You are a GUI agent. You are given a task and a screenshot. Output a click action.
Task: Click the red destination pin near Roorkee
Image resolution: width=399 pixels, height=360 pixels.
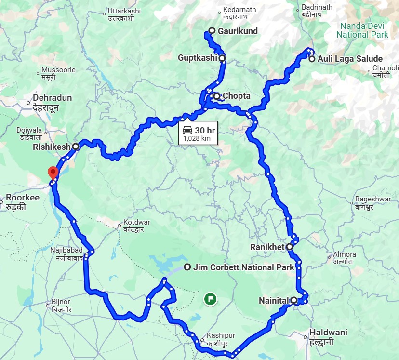(x=53, y=172)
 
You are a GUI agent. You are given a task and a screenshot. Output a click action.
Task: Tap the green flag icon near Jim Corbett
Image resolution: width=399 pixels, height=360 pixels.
(x=210, y=299)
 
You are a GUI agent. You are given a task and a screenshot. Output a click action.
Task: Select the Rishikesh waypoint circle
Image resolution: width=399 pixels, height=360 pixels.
(x=76, y=146)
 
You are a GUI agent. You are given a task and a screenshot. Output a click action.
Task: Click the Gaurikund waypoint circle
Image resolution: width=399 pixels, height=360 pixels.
(x=212, y=31)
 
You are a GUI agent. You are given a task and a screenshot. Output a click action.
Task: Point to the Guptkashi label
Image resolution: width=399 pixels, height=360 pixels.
(x=198, y=58)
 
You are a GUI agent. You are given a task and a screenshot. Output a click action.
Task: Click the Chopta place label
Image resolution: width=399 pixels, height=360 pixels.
(x=236, y=96)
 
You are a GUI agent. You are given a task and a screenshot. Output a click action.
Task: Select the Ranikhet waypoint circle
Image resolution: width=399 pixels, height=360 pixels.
(x=289, y=247)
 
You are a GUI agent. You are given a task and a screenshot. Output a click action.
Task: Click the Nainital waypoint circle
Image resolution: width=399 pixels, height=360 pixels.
(x=294, y=300)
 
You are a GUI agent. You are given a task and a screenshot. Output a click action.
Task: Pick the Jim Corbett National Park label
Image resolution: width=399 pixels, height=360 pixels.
(x=243, y=267)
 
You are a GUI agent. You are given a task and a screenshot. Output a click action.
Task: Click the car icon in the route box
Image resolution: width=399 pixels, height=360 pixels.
(x=188, y=130)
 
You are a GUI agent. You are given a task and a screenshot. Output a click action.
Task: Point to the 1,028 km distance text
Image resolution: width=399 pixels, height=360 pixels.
(x=197, y=138)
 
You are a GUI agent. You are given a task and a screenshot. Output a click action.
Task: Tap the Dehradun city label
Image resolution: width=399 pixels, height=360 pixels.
(x=52, y=98)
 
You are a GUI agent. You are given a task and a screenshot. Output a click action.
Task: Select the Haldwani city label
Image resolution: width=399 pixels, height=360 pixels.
(x=329, y=333)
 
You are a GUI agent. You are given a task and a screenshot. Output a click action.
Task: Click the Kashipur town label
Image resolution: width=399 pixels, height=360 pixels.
(x=220, y=335)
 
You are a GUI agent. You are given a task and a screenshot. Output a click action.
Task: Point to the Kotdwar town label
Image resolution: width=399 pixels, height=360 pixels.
(x=137, y=222)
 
